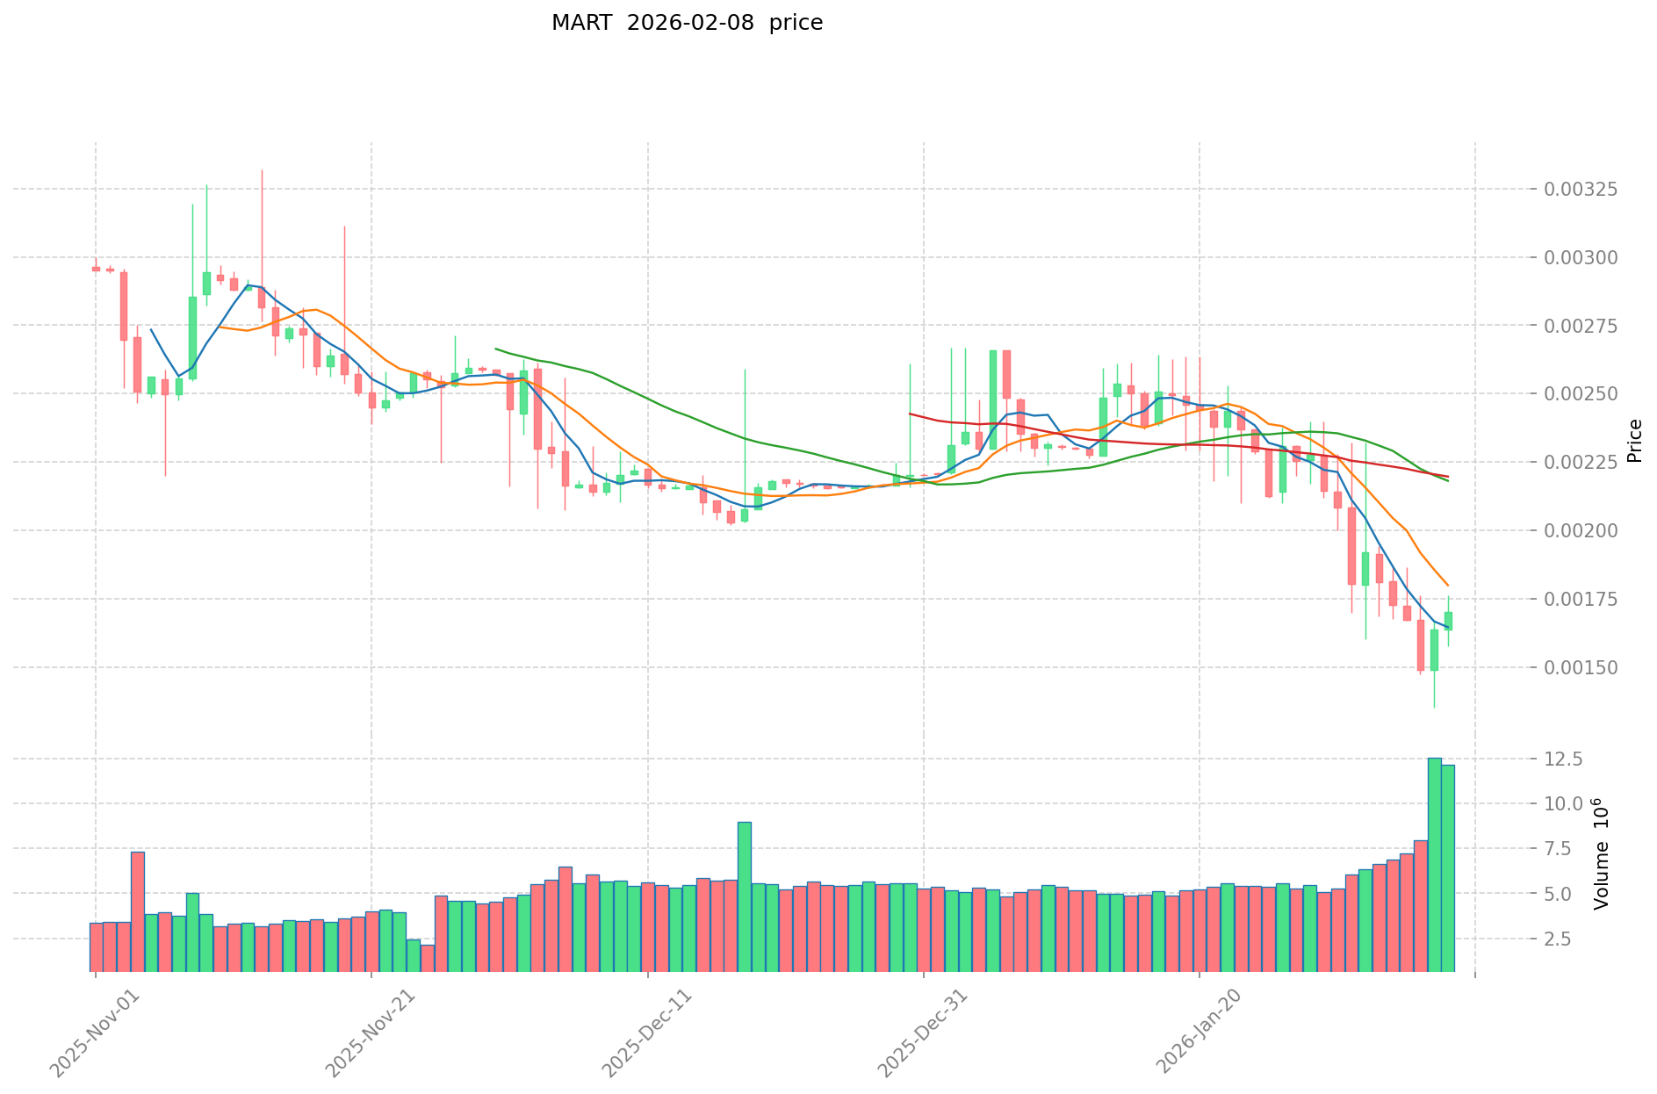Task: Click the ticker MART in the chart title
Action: click(x=581, y=23)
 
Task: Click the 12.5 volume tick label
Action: click(x=1564, y=759)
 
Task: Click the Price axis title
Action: click(x=1634, y=441)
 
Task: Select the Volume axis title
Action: click(x=1603, y=853)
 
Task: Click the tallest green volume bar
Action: click(x=1434, y=865)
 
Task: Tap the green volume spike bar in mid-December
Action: click(x=744, y=896)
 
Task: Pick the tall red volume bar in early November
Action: click(x=137, y=911)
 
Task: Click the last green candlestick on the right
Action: click(x=1448, y=621)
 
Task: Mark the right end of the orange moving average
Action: click(x=1448, y=586)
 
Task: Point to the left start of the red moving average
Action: click(x=909, y=414)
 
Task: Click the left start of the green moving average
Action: click(x=495, y=349)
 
